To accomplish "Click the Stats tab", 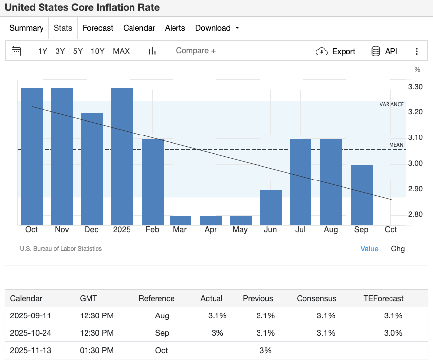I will [63, 28].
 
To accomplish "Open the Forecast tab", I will [98, 28].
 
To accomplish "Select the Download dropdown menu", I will [217, 28].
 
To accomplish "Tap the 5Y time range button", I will [78, 51].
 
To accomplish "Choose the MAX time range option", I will [121, 51].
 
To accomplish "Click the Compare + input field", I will [237, 51].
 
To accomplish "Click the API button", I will [384, 51].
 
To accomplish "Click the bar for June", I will [271, 208].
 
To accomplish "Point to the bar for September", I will [361, 195].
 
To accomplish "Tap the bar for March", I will [180, 220].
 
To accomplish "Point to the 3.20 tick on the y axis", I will [415, 112].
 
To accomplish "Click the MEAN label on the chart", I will [396, 145].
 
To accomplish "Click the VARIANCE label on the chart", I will [391, 104].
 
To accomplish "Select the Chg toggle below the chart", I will [397, 249].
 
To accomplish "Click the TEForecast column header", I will [383, 299].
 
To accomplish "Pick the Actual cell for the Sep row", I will [217, 333].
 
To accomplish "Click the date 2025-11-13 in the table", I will [31, 350].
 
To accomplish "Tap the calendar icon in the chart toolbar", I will [16, 51].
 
